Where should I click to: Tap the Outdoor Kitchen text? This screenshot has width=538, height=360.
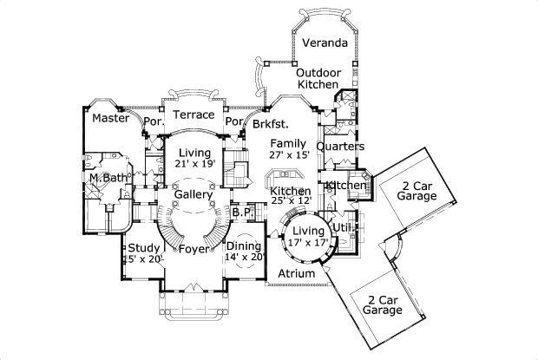coord(318,78)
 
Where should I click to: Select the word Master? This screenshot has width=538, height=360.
coord(111,118)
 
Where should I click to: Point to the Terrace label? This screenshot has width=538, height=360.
coord(193,115)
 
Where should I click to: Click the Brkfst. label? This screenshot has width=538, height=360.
coord(271,124)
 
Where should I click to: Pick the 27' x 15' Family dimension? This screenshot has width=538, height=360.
coord(287,155)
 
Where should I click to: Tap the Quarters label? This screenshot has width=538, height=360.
coord(340,147)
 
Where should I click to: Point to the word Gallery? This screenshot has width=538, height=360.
coord(193,195)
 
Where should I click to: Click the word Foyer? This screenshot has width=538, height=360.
coord(192,250)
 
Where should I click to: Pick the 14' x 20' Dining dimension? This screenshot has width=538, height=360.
coord(245,258)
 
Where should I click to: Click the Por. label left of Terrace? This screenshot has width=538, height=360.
coord(153,122)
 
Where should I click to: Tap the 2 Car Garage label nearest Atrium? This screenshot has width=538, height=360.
coord(383,304)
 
